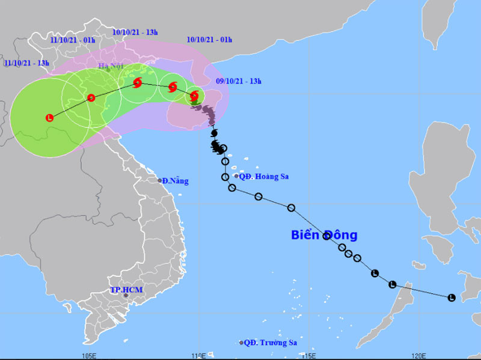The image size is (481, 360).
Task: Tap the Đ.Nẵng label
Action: click(176, 180)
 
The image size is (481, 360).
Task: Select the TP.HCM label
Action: click(126, 289)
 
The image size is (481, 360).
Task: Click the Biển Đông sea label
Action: click(324, 234)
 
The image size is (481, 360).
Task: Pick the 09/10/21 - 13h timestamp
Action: click(239, 81)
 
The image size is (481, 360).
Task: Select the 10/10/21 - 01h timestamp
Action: click(209, 40)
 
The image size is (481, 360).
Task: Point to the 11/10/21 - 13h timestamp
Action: click(26, 63)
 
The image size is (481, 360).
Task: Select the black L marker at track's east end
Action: click(451, 297)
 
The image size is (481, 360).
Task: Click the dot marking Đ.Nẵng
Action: click(160, 180)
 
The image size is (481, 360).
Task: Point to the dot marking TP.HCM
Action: click(126, 296)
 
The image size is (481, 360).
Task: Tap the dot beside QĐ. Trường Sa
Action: click(242, 343)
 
